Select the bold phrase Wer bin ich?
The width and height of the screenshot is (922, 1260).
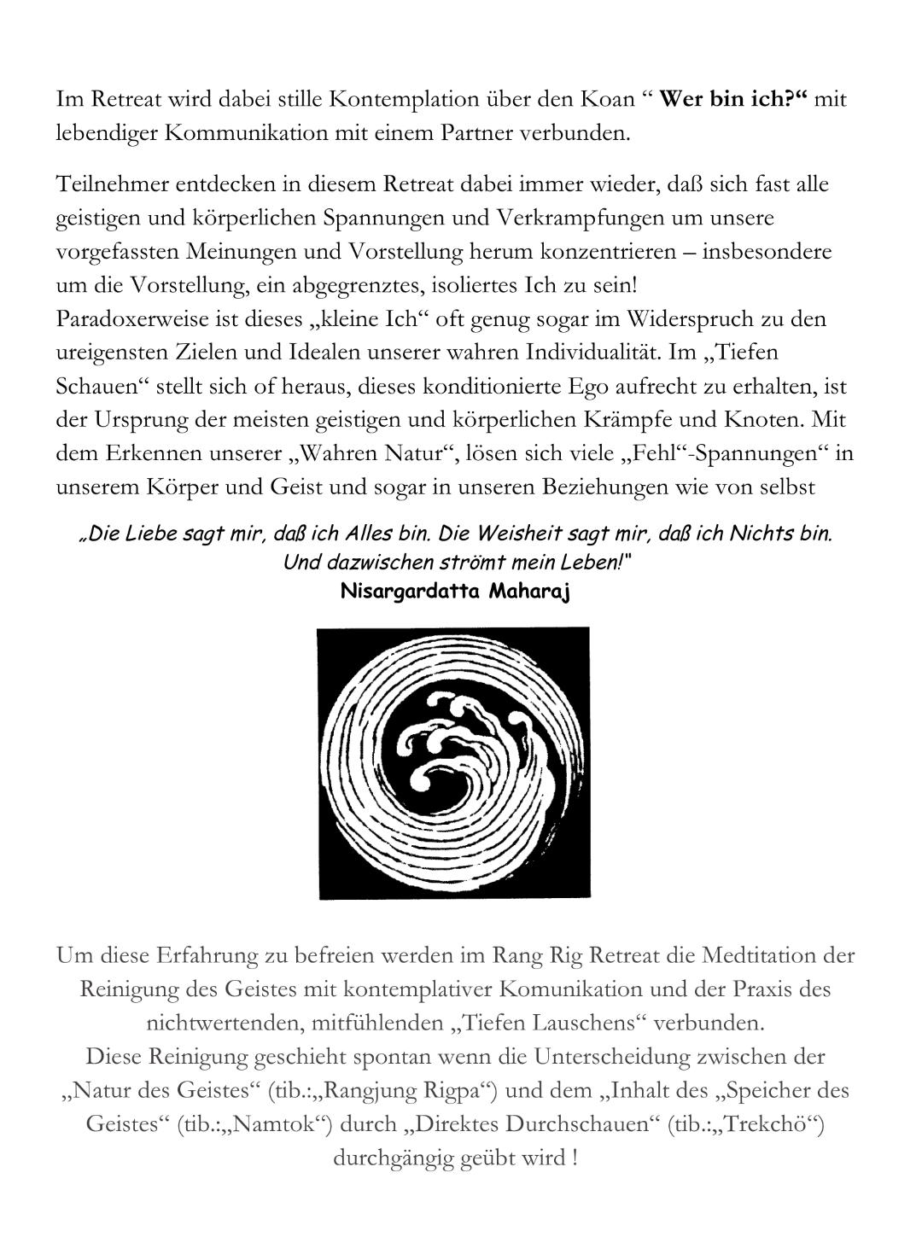(x=733, y=100)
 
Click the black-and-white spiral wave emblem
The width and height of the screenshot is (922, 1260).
(x=453, y=762)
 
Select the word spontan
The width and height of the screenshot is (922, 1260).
(x=392, y=1057)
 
